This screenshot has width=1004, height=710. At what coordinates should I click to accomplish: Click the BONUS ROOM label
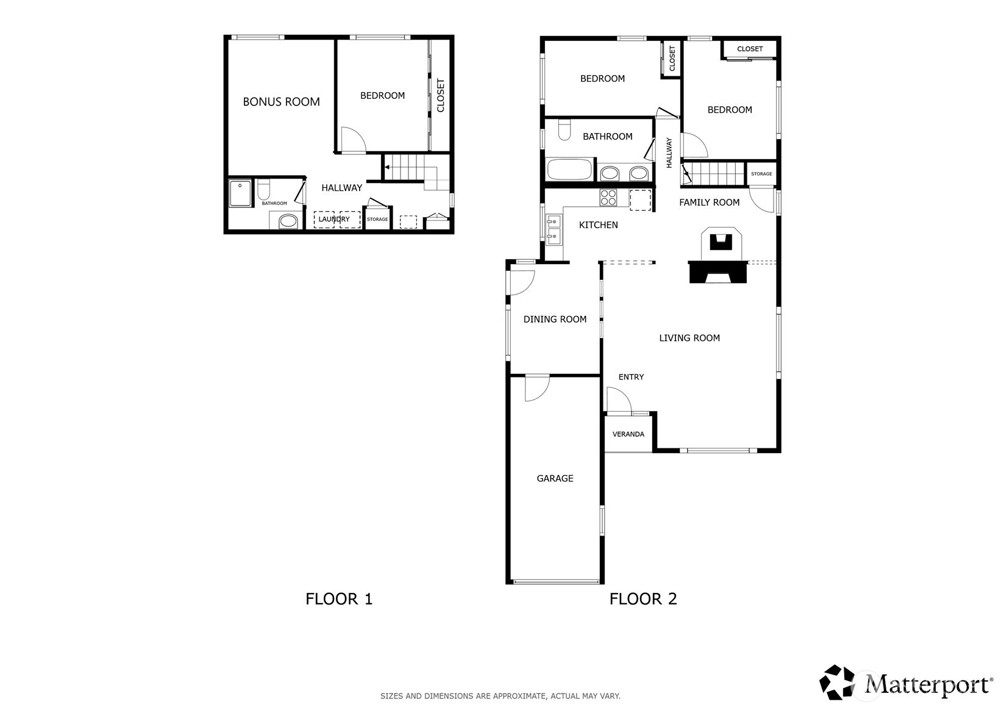282,102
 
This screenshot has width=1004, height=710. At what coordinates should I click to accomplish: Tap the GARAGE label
555,479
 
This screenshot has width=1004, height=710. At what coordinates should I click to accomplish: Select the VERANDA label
628,434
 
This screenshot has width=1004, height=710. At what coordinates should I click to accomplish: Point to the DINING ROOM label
555,320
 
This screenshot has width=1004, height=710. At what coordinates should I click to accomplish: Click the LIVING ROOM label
689,338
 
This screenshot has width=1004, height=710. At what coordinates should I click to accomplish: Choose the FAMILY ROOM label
709,203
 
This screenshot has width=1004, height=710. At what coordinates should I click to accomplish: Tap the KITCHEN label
599,225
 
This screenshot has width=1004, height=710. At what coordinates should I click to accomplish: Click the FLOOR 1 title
339,599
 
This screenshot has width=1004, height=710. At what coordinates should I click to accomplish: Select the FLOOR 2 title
643,599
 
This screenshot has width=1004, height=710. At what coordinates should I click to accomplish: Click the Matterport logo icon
837,683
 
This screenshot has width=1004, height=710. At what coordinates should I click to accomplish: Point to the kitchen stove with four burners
608,198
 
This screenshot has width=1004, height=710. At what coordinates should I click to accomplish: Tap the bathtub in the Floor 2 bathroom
569,170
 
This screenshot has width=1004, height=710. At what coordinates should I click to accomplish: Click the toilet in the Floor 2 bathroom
564,130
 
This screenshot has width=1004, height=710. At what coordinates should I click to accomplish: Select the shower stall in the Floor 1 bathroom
240,193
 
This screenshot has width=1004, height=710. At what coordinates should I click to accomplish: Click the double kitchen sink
554,229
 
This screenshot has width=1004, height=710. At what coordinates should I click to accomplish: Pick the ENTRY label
631,377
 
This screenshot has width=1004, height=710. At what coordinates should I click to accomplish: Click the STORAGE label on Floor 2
761,174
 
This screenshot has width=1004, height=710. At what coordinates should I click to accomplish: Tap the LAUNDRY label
334,220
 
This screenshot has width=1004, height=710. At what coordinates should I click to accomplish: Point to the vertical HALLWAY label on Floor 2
669,153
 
